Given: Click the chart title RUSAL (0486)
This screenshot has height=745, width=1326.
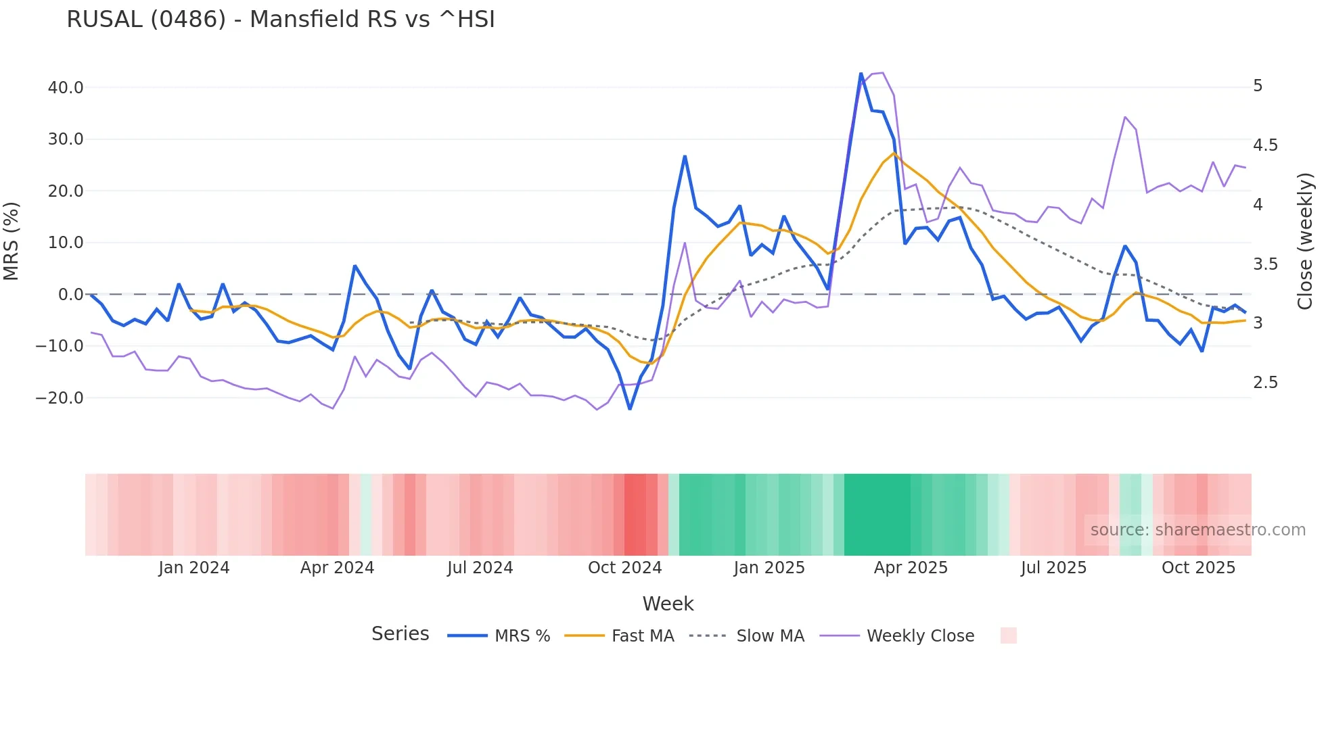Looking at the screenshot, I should click(280, 20).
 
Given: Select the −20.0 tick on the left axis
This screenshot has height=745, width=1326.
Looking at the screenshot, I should click(60, 398).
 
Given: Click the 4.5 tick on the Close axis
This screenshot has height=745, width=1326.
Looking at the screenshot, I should click(1265, 145).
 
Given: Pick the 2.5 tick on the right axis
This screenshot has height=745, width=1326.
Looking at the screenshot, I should click(1265, 383).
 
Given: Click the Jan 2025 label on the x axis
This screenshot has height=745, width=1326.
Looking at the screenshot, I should click(769, 568).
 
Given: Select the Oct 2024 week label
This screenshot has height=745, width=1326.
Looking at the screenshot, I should click(624, 568).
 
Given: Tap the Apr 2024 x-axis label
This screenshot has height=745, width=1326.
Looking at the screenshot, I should click(337, 568).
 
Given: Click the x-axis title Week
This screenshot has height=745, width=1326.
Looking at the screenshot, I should click(668, 604).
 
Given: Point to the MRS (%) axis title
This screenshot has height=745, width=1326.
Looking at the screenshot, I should click(12, 241).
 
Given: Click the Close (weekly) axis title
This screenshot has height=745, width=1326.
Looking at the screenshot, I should click(1305, 241).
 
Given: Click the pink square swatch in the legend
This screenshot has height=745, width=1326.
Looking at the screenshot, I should click(1008, 635).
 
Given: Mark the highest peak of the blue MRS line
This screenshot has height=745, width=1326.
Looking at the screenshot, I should click(861, 74).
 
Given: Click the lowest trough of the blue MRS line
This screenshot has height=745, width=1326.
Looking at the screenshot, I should click(630, 408).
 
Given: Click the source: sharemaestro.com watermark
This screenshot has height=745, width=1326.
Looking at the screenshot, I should click(1197, 530).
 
